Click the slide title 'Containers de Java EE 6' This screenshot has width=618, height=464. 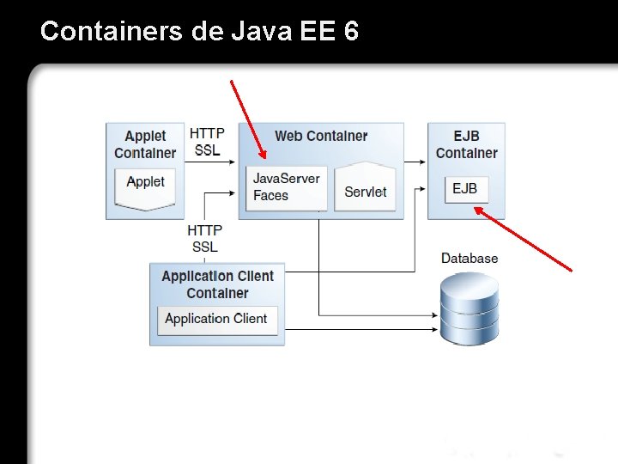[199, 32]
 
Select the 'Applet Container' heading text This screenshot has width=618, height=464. [145, 144]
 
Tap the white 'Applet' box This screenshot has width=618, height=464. [145, 184]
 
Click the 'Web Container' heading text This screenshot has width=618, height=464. [320, 136]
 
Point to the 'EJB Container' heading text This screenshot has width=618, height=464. [466, 144]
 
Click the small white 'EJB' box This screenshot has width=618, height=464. [466, 189]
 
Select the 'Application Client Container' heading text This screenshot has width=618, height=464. [217, 284]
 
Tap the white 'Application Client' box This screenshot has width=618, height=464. [216, 319]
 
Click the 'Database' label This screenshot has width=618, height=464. [469, 258]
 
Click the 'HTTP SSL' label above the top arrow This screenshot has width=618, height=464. [207, 142]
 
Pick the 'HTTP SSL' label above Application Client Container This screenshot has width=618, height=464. [206, 238]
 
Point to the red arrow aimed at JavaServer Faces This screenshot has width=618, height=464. [248, 119]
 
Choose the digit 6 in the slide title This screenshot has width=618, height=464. [350, 32]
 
